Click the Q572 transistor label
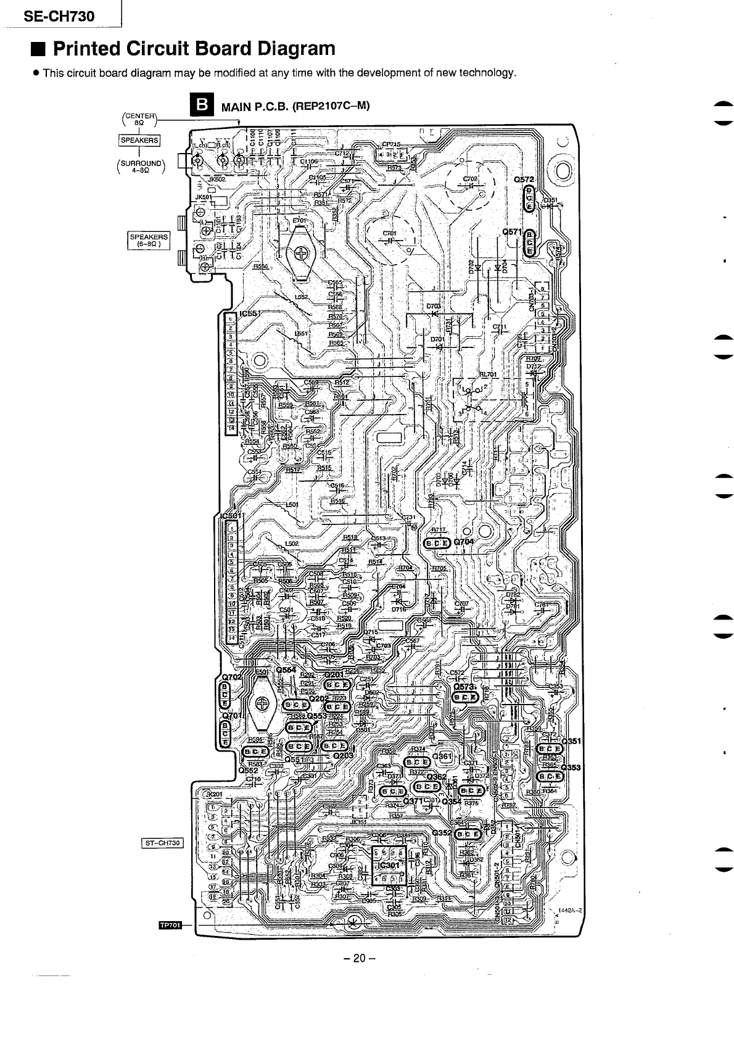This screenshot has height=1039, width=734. (x=526, y=180)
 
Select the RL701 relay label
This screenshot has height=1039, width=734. (x=487, y=375)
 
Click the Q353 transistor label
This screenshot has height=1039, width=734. (x=573, y=768)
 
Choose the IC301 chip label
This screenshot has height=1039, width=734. (x=389, y=865)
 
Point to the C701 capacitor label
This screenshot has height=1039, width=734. (x=389, y=233)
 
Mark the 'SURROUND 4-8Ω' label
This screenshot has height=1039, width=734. (x=141, y=167)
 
